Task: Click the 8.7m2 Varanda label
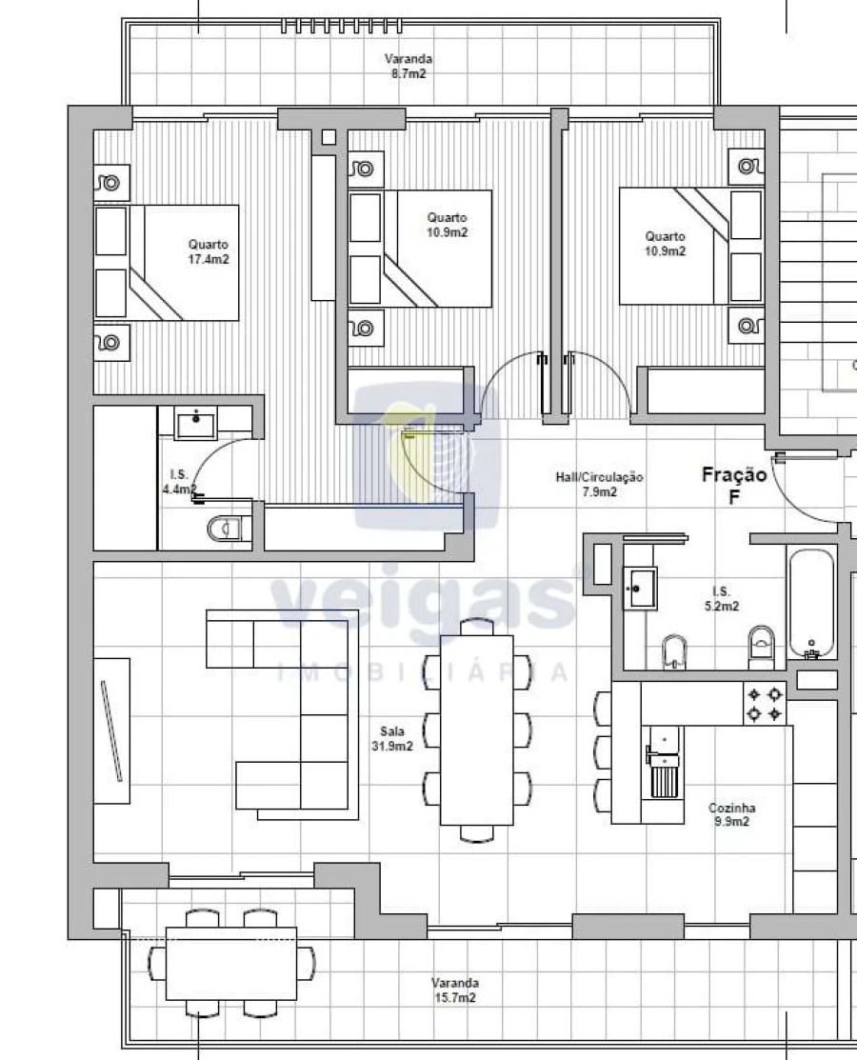click(x=406, y=66)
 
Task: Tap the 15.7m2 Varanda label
click(x=454, y=990)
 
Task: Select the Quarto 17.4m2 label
click(x=208, y=251)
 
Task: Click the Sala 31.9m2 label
click(x=391, y=739)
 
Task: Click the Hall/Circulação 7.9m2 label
click(x=600, y=485)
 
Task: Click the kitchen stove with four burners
click(x=765, y=704)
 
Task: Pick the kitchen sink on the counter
click(x=663, y=749)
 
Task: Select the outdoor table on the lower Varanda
click(x=230, y=963)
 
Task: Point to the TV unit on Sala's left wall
click(x=111, y=730)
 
